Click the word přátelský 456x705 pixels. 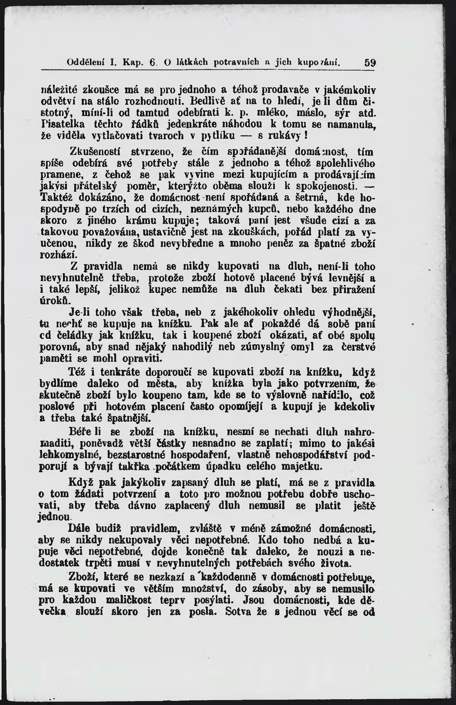point(95,186)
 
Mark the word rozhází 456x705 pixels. point(59,255)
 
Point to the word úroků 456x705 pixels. point(55,300)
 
